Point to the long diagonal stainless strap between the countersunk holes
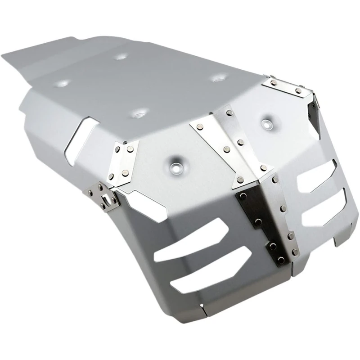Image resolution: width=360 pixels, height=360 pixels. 225,144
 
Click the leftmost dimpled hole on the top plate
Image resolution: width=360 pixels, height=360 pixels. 63,83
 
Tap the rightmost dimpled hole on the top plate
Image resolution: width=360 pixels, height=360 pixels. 219,78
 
